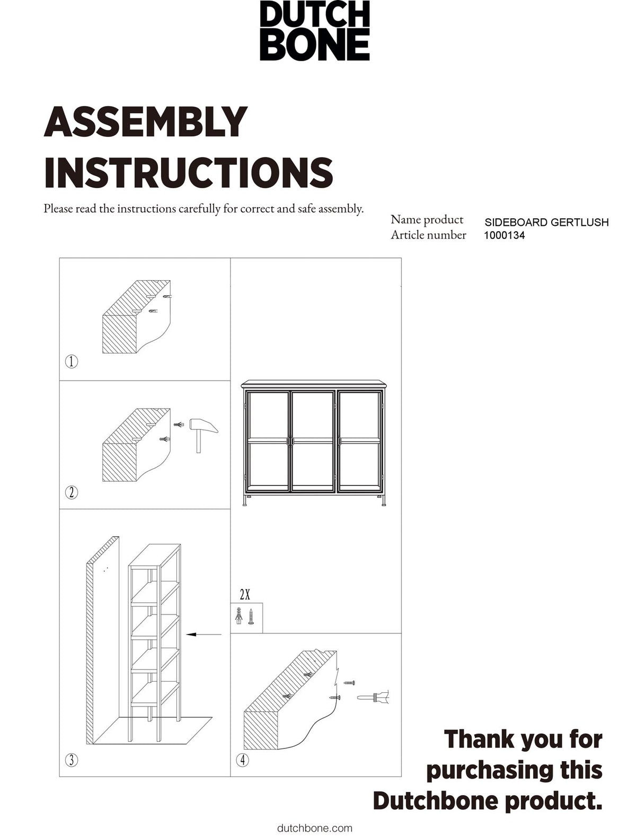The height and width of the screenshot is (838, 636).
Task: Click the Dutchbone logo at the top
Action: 315,31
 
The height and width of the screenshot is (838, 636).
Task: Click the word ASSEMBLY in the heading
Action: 146,121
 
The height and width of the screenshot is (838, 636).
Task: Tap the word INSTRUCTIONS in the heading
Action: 189,172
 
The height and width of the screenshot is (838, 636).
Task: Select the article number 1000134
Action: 504,235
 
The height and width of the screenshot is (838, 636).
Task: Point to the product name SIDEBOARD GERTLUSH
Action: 546,222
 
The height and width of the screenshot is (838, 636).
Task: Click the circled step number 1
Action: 72,361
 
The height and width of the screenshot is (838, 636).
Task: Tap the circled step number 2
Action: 72,492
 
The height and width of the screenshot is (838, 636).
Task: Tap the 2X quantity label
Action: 245,594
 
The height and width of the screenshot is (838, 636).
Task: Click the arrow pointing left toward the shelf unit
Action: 204,634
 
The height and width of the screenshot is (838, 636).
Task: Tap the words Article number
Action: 428,235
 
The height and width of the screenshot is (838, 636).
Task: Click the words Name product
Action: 427,220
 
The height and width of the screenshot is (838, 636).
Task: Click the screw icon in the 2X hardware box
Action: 251,616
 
